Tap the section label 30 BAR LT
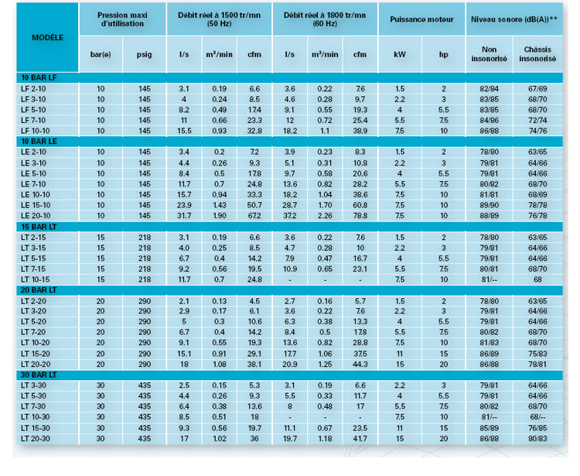(x=37, y=375)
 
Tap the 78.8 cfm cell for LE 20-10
(x=360, y=215)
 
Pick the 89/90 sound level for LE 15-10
(x=489, y=204)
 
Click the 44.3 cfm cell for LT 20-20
(x=360, y=364)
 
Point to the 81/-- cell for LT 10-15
(x=489, y=279)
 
